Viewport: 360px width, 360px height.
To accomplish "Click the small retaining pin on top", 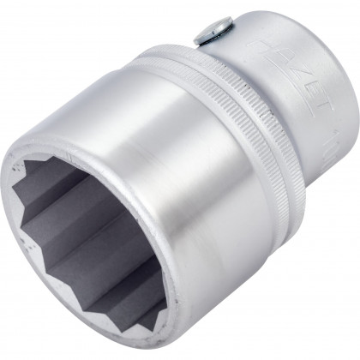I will click(x=209, y=35).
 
